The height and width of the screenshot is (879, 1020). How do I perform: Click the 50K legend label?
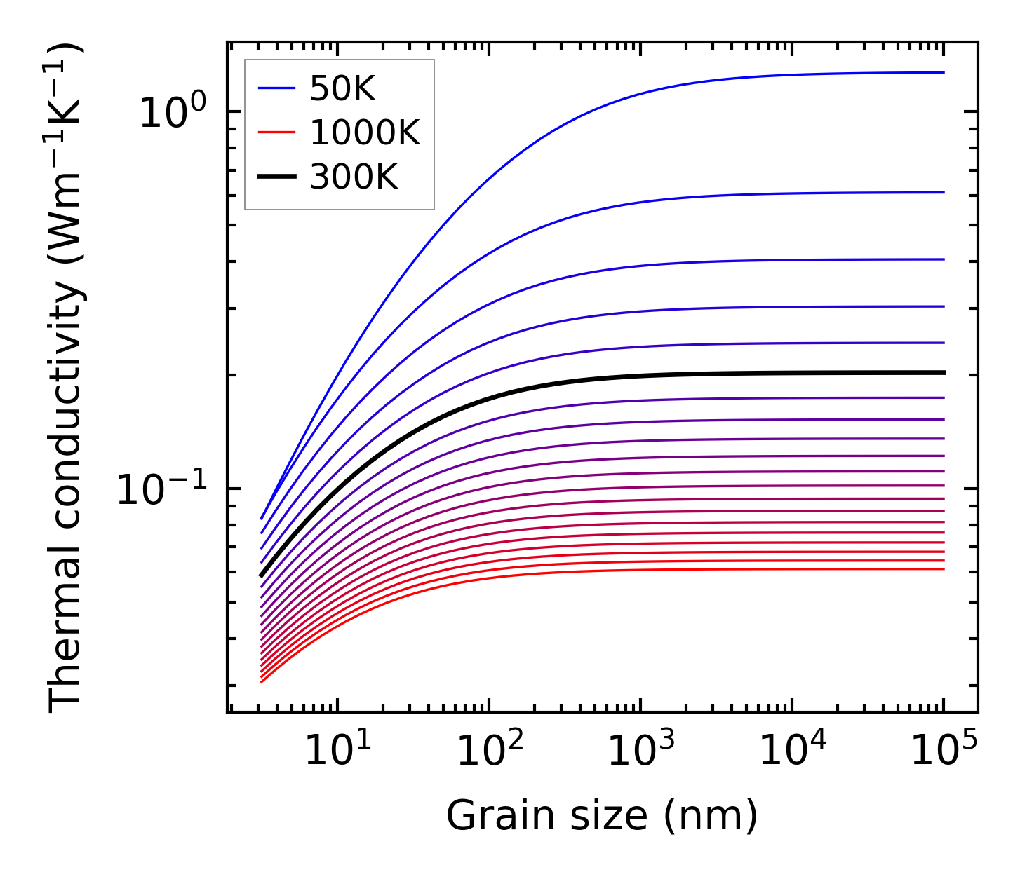[342, 89]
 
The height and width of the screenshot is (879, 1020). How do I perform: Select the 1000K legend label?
[365, 133]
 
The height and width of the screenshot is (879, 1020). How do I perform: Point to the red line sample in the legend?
[278, 133]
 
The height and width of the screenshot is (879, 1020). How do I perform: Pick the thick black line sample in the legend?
[278, 177]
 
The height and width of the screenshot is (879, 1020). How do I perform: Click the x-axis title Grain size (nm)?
[602, 816]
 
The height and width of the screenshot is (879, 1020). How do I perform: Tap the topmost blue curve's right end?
[943, 72]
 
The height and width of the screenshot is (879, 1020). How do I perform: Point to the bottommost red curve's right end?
[943, 568]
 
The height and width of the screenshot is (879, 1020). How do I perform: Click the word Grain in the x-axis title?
[488, 816]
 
